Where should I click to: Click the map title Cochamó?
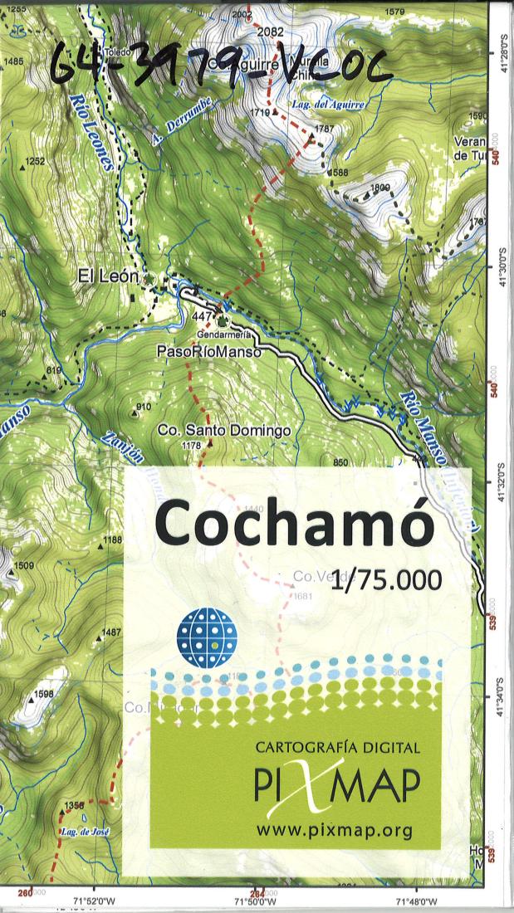[x=294, y=524]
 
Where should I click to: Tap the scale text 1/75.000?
[x=385, y=581]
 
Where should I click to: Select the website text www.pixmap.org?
[x=335, y=829]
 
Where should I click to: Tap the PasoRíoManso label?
[x=208, y=352]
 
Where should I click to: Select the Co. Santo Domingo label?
[x=224, y=431]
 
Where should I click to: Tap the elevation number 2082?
[x=271, y=32]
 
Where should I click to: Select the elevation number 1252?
[x=35, y=161]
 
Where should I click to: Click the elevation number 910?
[x=143, y=406]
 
